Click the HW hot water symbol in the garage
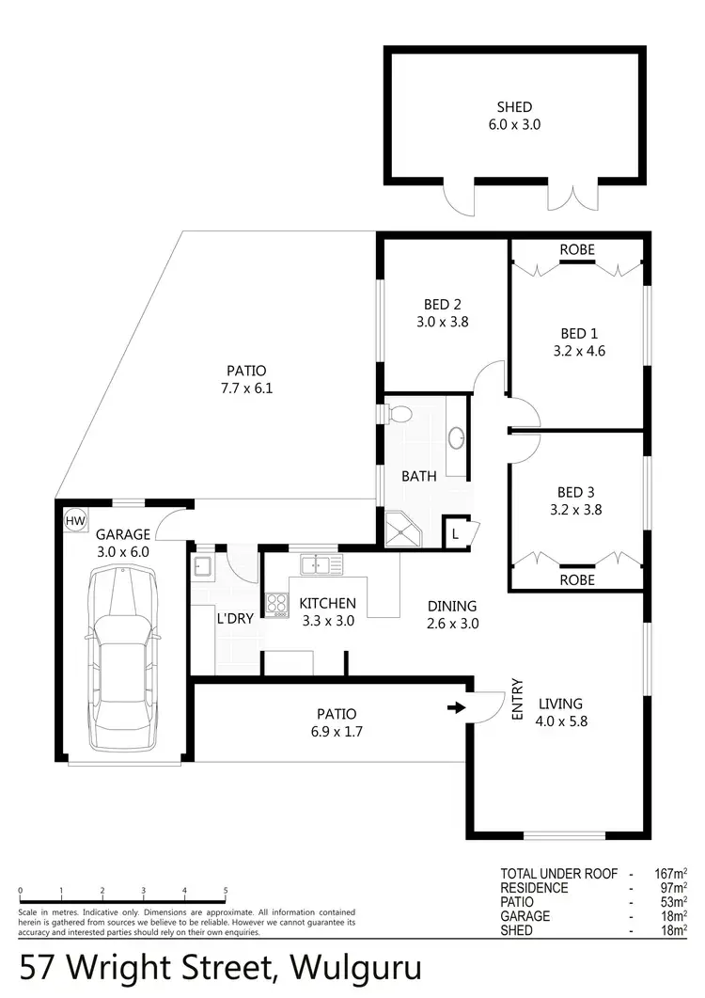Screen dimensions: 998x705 [x=74, y=520]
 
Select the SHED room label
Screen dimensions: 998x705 [x=514, y=107]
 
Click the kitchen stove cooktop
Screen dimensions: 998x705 [x=276, y=604]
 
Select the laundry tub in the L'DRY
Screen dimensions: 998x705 [x=202, y=566]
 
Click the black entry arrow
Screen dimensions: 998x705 [x=456, y=708]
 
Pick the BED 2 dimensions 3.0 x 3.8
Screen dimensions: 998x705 [x=442, y=321]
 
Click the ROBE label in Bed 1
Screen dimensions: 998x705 [x=576, y=250]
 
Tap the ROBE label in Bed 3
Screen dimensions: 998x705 [x=576, y=580]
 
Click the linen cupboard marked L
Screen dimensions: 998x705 [x=456, y=532]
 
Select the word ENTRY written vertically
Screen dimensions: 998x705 [x=516, y=700]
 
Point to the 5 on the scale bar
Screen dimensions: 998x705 [x=226, y=890]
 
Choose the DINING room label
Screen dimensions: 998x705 [x=451, y=607]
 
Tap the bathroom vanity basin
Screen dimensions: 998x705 [x=457, y=437]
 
